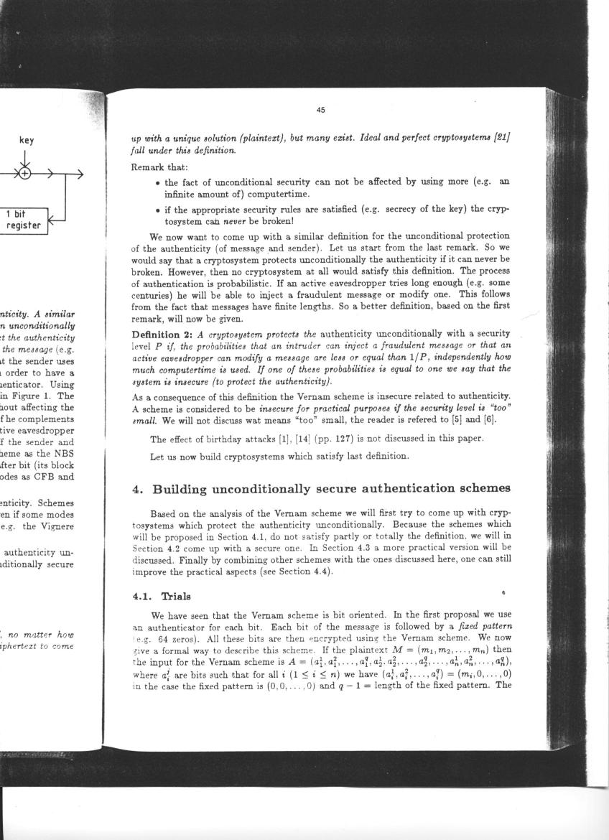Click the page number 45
[x=320, y=110]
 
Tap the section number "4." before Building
[x=139, y=489]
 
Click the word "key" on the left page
[x=27, y=140]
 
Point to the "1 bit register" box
[x=23, y=220]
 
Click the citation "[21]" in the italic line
[x=500, y=137]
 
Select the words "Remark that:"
[x=159, y=167]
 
